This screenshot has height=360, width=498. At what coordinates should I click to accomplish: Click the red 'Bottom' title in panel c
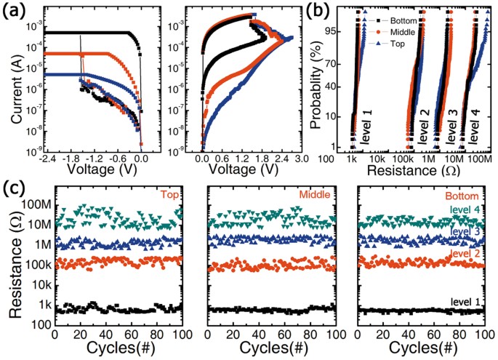465,196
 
